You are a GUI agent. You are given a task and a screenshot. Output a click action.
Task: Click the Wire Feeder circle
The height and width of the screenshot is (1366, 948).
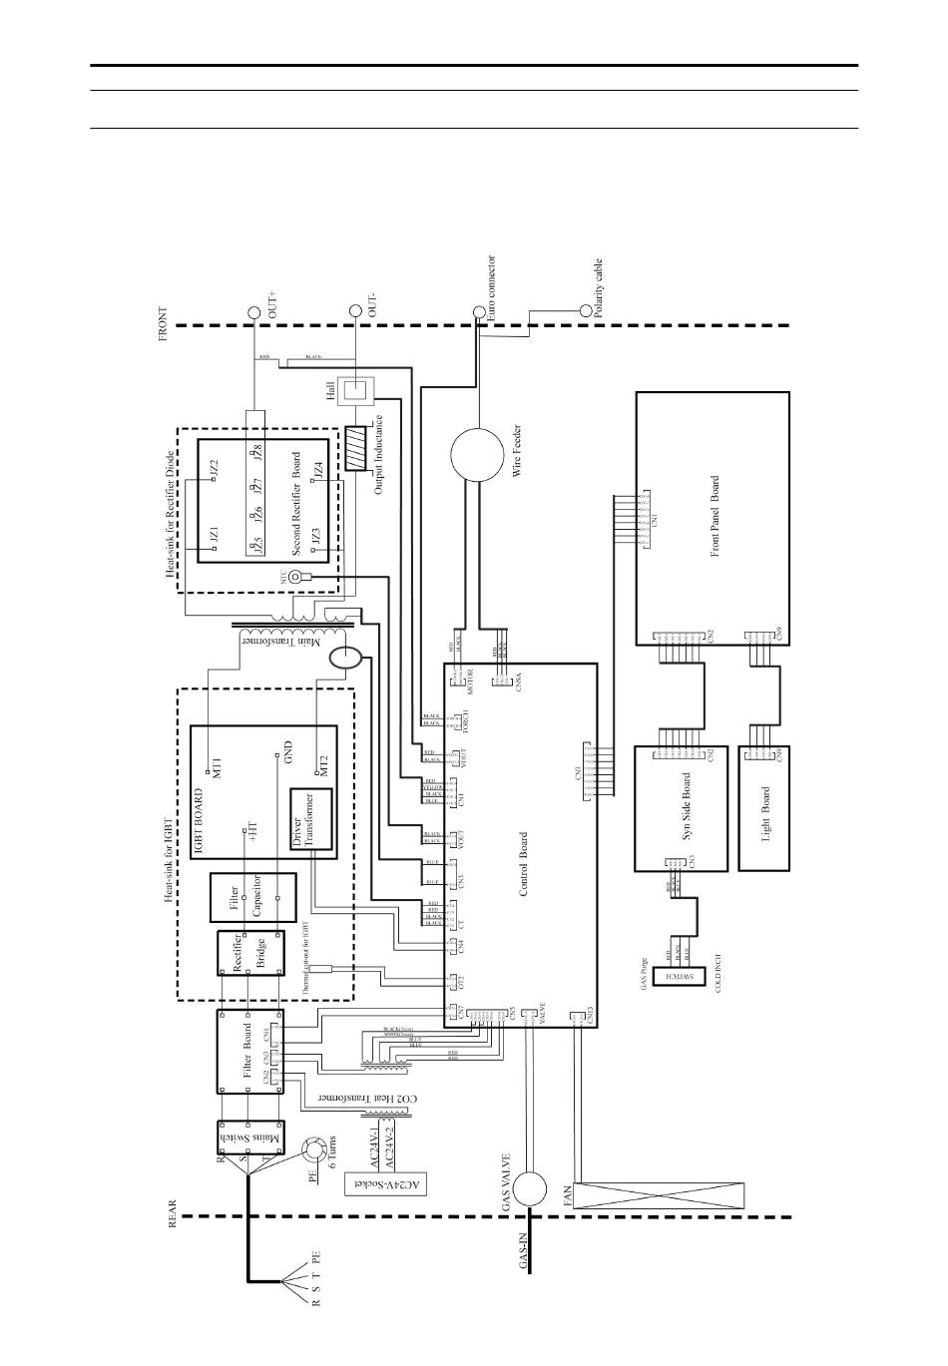(478, 455)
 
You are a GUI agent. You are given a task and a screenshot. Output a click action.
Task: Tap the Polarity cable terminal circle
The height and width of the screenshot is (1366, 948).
(586, 312)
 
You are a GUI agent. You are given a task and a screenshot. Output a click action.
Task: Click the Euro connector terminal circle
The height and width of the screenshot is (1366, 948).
(478, 312)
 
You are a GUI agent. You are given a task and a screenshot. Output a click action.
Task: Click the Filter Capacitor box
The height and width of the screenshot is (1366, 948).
(253, 896)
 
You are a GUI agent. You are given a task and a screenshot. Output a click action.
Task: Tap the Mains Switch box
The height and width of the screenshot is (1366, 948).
(250, 1139)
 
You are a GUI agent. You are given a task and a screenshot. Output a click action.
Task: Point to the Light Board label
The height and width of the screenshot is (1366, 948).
(765, 813)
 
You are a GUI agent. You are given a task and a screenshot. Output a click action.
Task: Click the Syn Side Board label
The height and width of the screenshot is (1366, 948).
(687, 809)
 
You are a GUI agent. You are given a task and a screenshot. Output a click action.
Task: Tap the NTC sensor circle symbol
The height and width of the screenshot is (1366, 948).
(295, 576)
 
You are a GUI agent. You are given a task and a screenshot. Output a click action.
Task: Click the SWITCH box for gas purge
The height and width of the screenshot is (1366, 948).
(692, 975)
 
